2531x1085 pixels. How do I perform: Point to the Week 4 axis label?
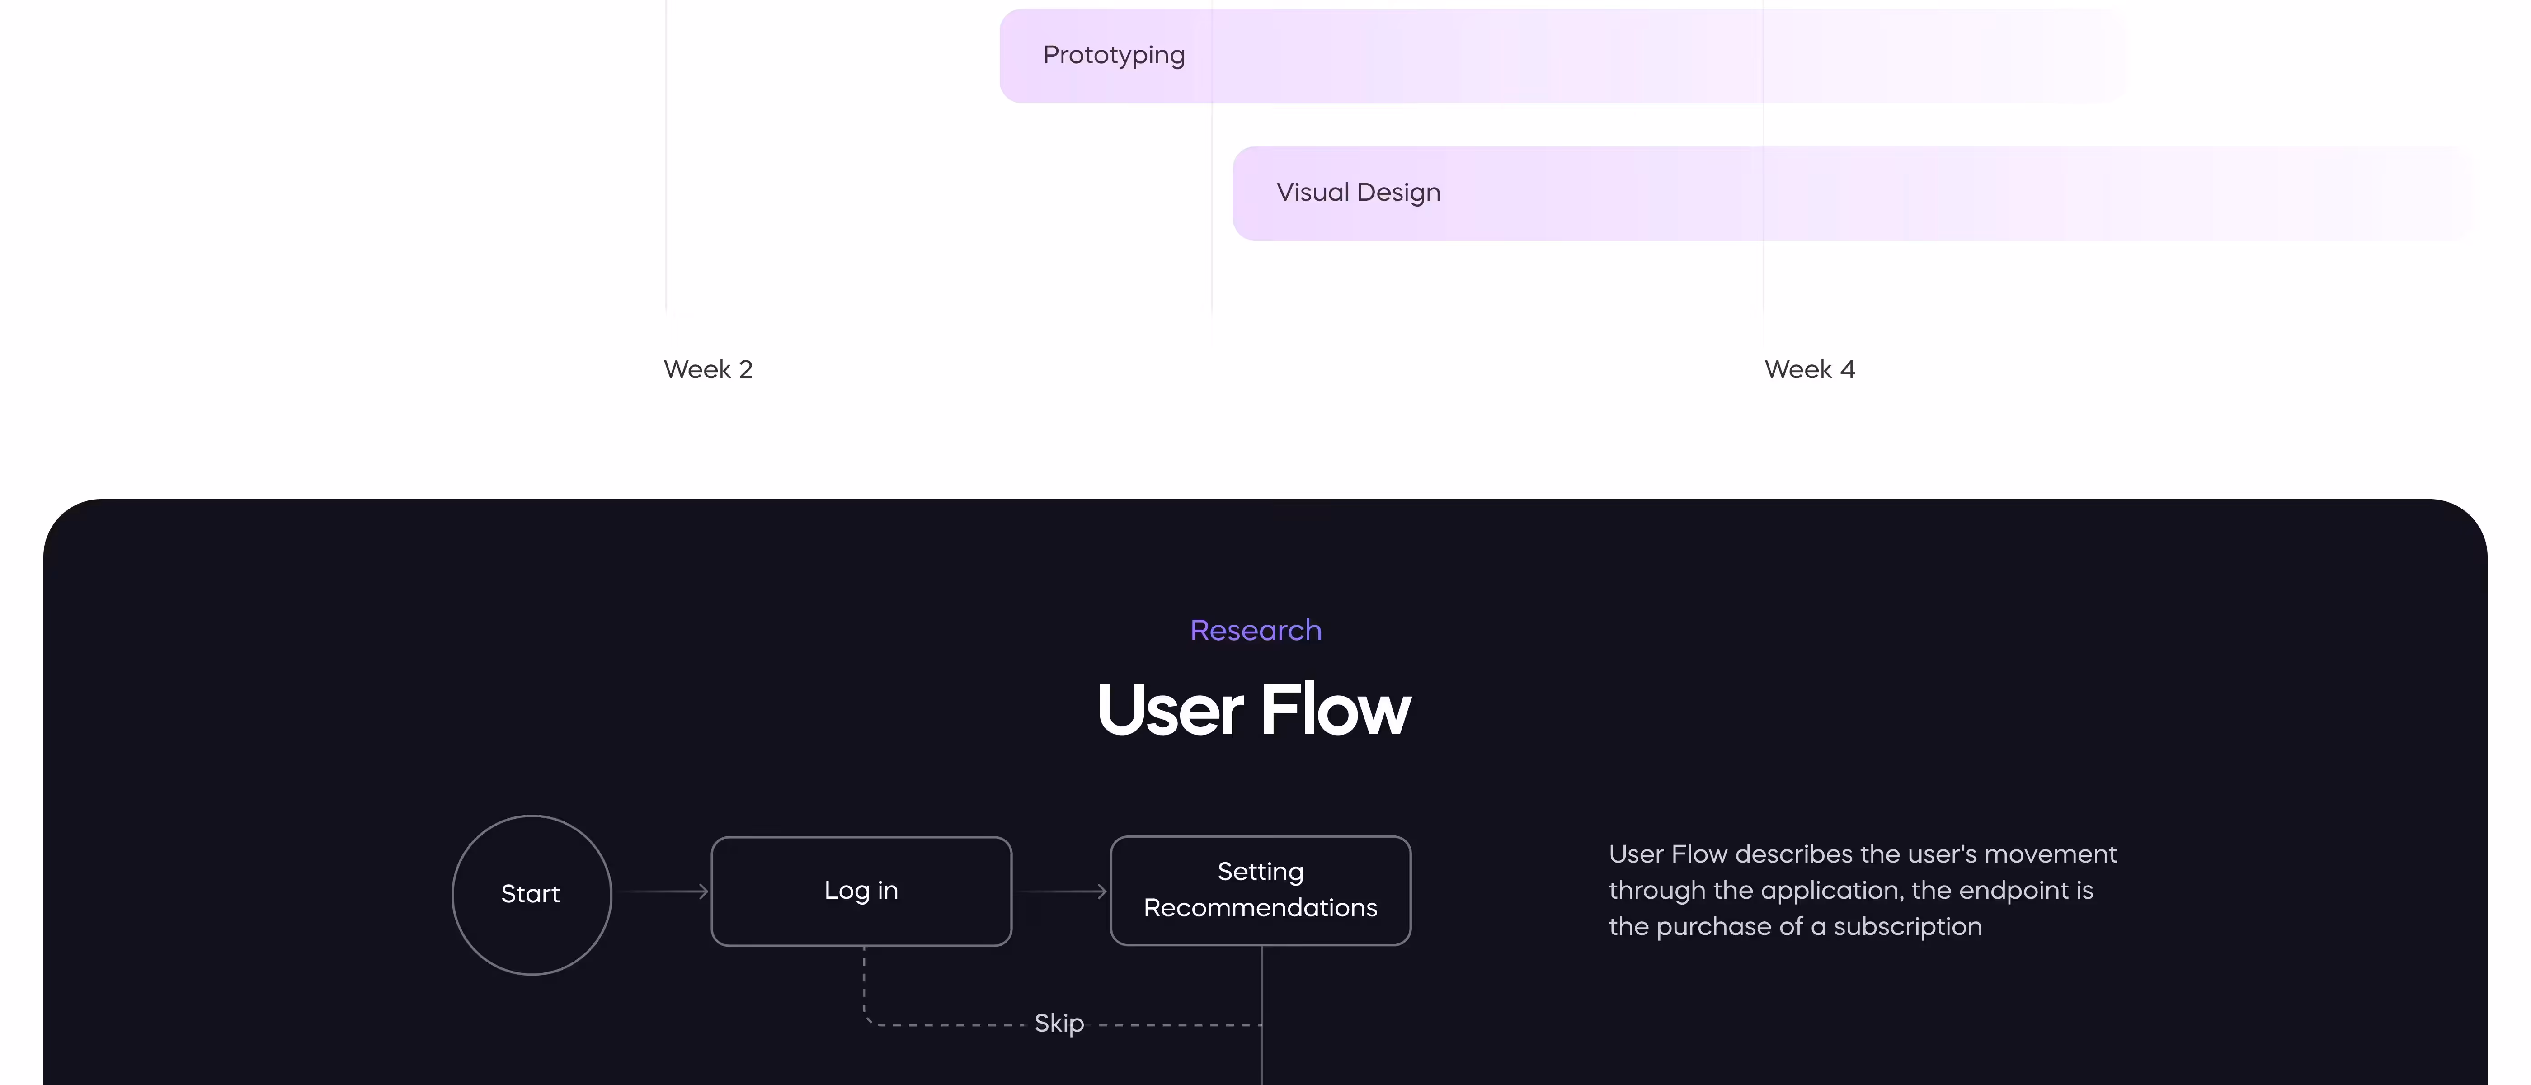click(x=1810, y=369)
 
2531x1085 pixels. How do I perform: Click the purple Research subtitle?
click(x=1256, y=630)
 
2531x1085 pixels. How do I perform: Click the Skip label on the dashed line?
click(x=1059, y=1023)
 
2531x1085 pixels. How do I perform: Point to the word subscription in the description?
click(x=1908, y=927)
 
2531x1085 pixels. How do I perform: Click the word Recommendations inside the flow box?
click(x=1261, y=908)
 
